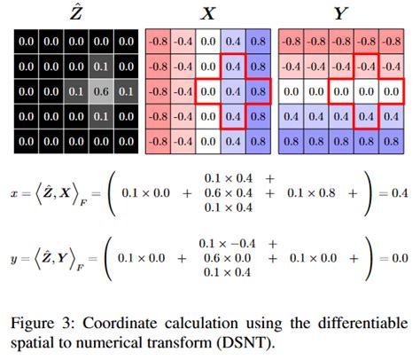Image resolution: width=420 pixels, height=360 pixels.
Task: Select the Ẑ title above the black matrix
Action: pos(78,12)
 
